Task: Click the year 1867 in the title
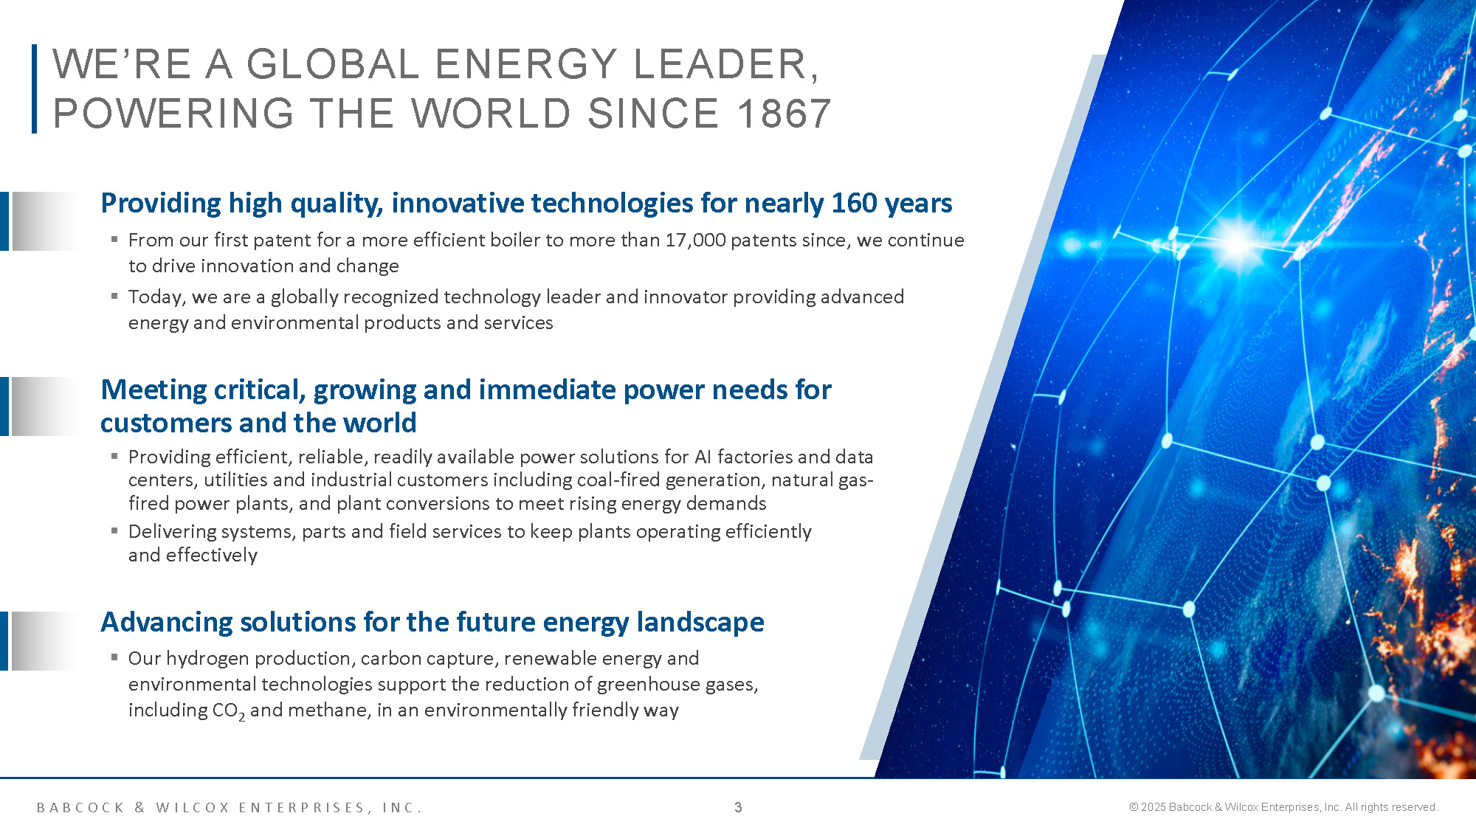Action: [784, 114]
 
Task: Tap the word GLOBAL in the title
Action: [333, 63]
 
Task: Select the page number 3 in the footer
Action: [738, 807]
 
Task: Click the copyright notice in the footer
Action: [1283, 807]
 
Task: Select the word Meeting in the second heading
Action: [154, 390]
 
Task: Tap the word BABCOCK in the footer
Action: [81, 808]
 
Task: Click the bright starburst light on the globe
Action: [1238, 242]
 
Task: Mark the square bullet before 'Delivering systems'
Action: [114, 530]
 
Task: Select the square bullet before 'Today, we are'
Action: [114, 296]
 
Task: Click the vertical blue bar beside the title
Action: [34, 89]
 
